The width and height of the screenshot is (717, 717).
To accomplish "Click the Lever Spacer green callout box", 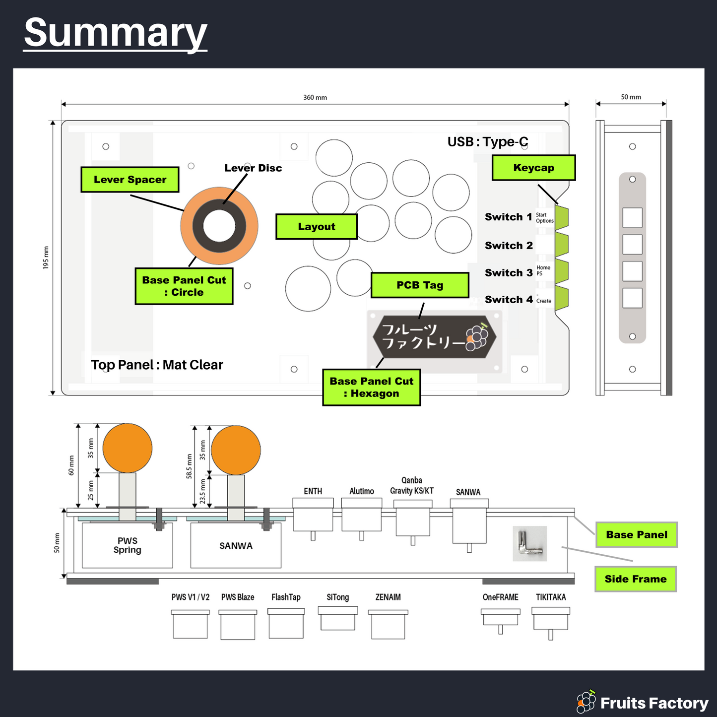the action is (130, 179).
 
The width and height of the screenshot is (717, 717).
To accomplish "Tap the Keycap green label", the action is (533, 167).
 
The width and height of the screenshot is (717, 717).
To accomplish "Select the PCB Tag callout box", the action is (420, 285).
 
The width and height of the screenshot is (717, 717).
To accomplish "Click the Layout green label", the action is (316, 226).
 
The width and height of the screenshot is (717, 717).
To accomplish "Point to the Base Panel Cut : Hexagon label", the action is (371, 387).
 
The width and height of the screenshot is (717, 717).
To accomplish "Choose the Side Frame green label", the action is (636, 579).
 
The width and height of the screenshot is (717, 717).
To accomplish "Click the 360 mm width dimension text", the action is (315, 97).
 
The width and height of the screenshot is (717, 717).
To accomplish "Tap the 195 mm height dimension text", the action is (46, 258).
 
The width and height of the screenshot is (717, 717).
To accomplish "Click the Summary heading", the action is (115, 33).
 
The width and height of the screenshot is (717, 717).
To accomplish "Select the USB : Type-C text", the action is (488, 142).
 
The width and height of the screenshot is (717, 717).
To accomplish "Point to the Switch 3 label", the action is (509, 273).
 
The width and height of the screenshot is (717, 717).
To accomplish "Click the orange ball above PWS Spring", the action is (127, 448).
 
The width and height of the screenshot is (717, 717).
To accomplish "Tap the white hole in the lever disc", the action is (219, 226).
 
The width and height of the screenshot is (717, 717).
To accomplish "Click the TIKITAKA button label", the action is (551, 597).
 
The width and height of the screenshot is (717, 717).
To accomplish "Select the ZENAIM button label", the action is (388, 597).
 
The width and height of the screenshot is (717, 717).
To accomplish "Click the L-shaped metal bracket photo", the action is (530, 544).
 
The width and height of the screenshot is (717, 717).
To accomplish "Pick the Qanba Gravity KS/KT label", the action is (412, 486).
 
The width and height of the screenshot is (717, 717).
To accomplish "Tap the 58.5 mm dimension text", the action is (190, 466).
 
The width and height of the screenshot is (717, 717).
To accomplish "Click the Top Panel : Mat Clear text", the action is (157, 365).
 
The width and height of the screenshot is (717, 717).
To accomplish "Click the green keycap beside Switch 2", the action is (562, 245).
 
